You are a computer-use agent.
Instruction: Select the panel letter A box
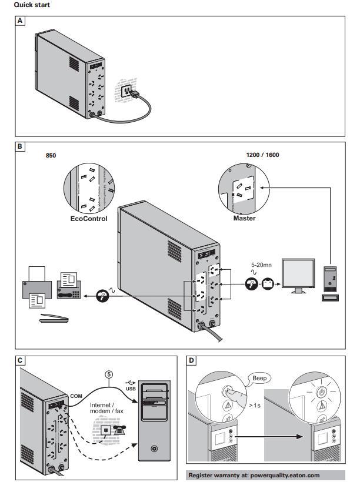click(21, 21)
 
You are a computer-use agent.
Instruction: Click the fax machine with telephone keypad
click(72, 285)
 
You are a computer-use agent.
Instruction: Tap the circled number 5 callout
click(108, 372)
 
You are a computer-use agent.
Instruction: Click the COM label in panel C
click(76, 396)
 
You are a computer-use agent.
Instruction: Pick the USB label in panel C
click(131, 389)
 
